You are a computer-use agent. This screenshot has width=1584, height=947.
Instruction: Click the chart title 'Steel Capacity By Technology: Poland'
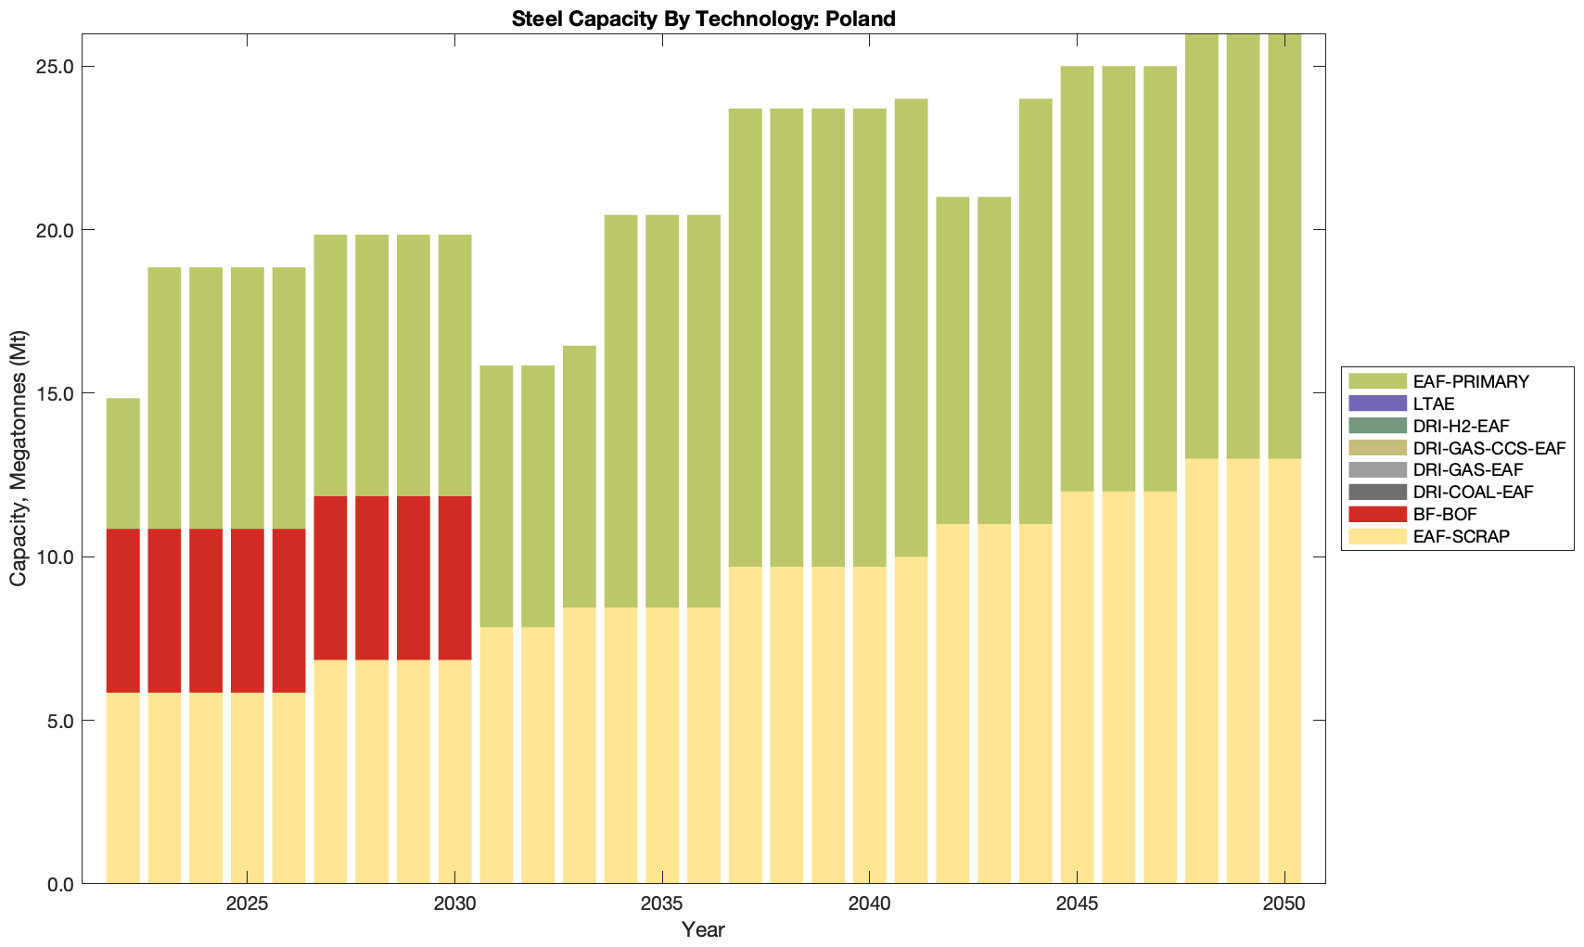tap(703, 19)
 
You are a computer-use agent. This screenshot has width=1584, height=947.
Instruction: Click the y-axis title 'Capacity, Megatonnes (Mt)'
tap(19, 458)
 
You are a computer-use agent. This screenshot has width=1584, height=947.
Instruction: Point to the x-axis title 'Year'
tap(703, 929)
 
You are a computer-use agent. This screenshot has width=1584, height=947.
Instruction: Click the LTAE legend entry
tap(1434, 403)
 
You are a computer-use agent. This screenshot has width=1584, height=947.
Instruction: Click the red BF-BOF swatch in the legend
tap(1378, 514)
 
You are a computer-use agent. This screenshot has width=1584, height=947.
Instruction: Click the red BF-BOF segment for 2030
tap(454, 578)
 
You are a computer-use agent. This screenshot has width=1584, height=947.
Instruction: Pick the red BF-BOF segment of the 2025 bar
tap(248, 610)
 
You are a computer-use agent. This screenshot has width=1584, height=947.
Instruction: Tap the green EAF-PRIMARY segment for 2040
tap(870, 338)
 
